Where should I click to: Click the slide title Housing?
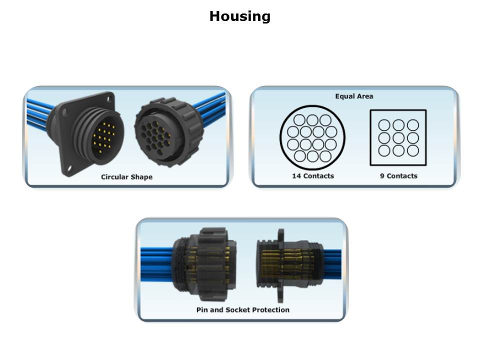239,16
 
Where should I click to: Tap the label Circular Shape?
126,177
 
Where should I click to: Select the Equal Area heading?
354,96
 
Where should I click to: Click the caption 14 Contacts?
313,176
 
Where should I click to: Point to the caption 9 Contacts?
398,176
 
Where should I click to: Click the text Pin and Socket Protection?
243,310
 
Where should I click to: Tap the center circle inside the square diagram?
398,138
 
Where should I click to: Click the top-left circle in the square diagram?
384,125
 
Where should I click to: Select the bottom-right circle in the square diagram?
413,150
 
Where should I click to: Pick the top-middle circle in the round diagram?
312,120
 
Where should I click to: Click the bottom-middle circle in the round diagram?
312,156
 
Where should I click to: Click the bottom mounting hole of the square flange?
69,168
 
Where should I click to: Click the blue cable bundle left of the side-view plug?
156,264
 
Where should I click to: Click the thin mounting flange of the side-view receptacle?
280,265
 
